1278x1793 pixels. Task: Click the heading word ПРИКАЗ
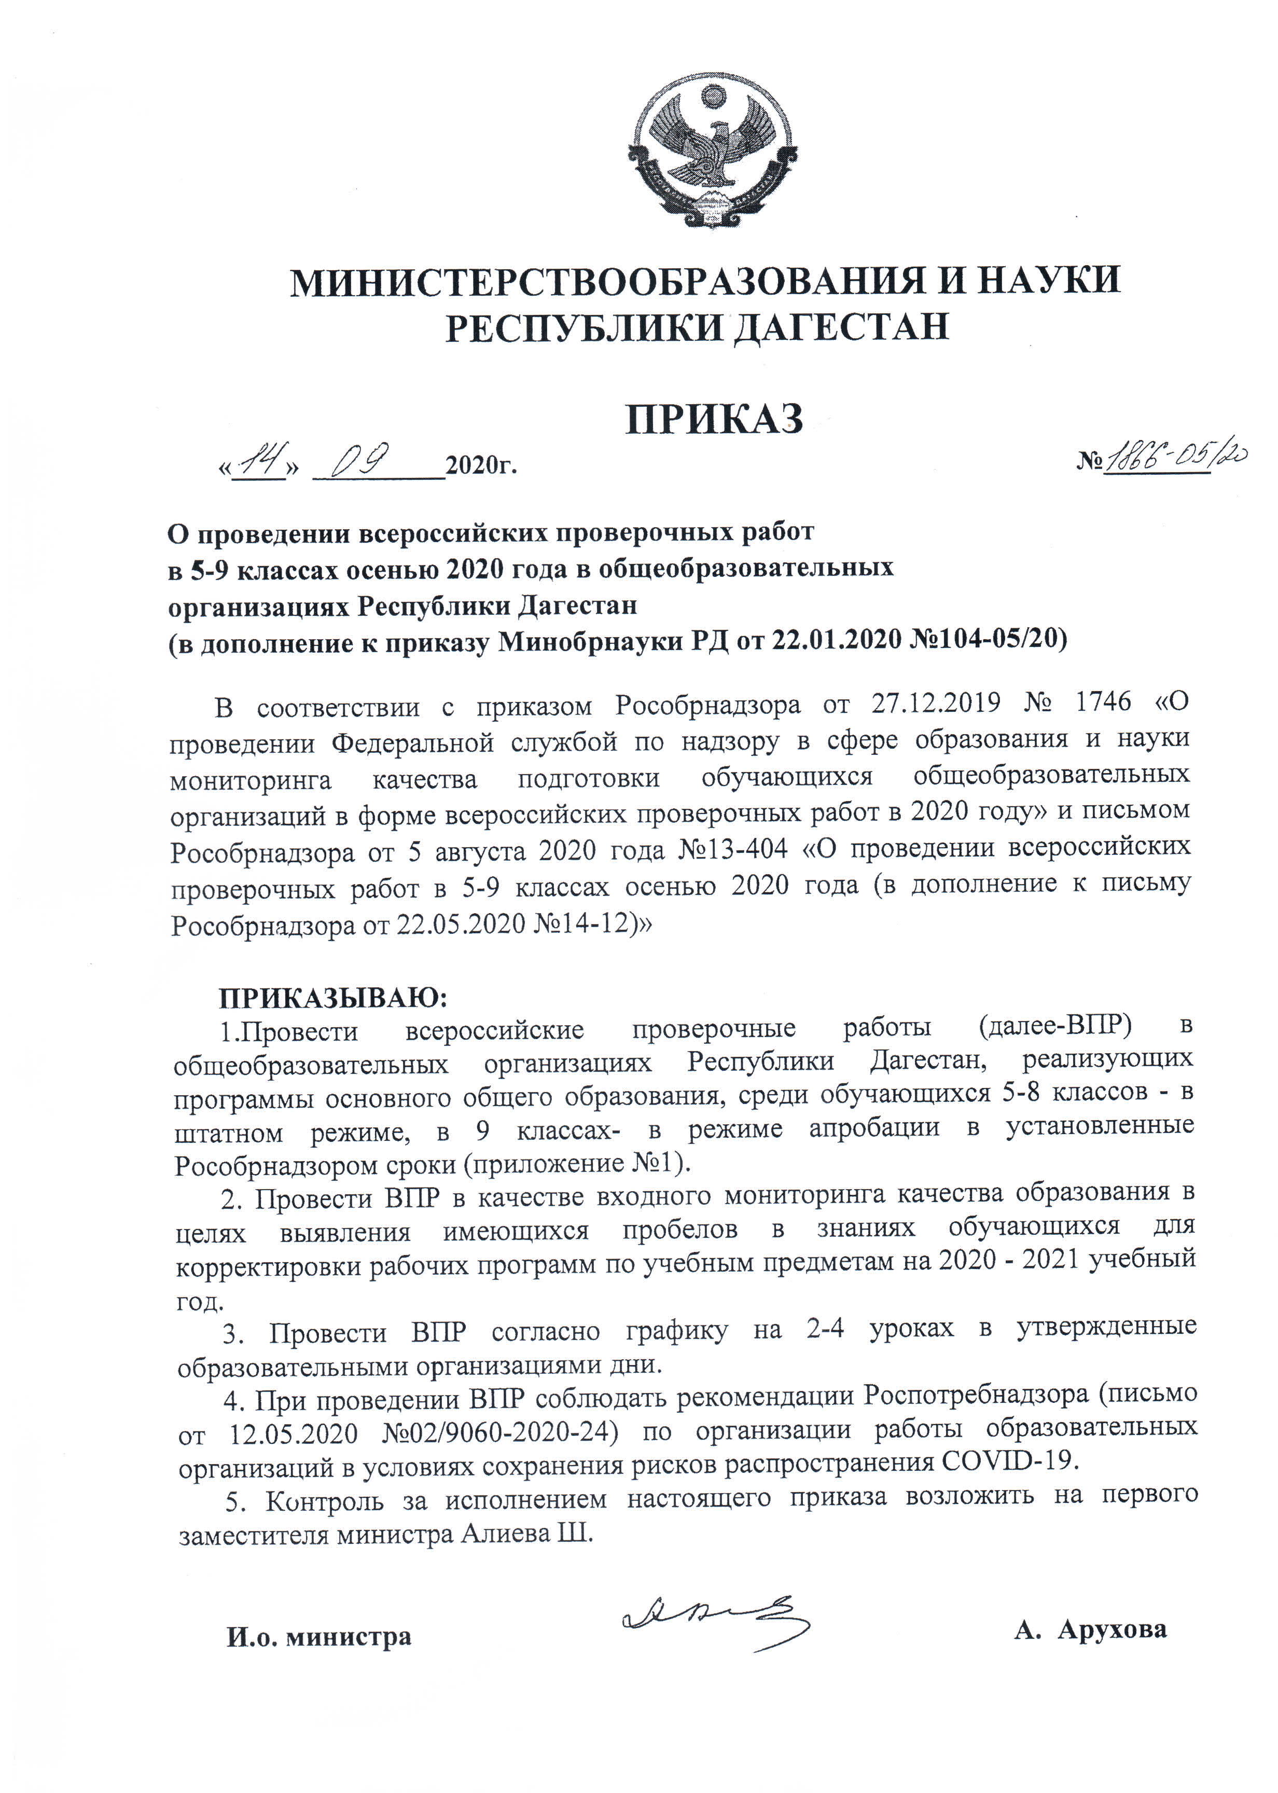(x=714, y=419)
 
